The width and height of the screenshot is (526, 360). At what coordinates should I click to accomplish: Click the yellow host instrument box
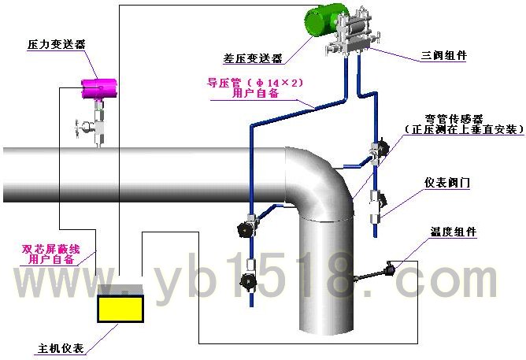[x=120, y=308]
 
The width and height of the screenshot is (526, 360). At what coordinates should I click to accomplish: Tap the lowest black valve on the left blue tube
[x=248, y=280]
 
